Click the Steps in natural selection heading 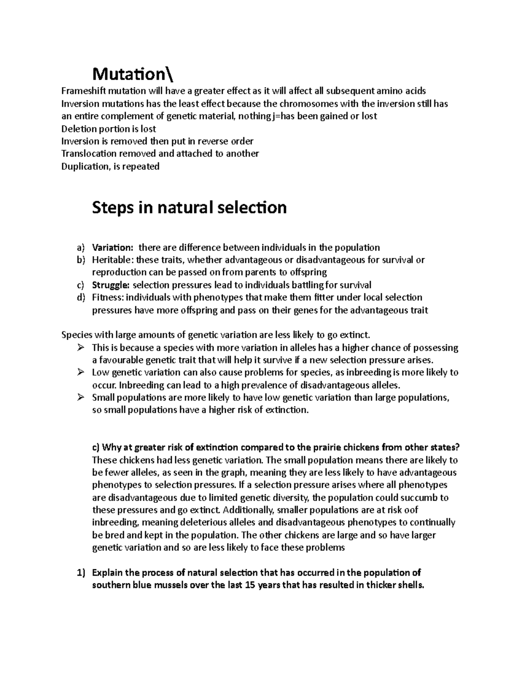189,208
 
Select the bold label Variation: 113,248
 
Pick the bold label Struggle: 110,285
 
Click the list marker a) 80,248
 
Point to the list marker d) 80,298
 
